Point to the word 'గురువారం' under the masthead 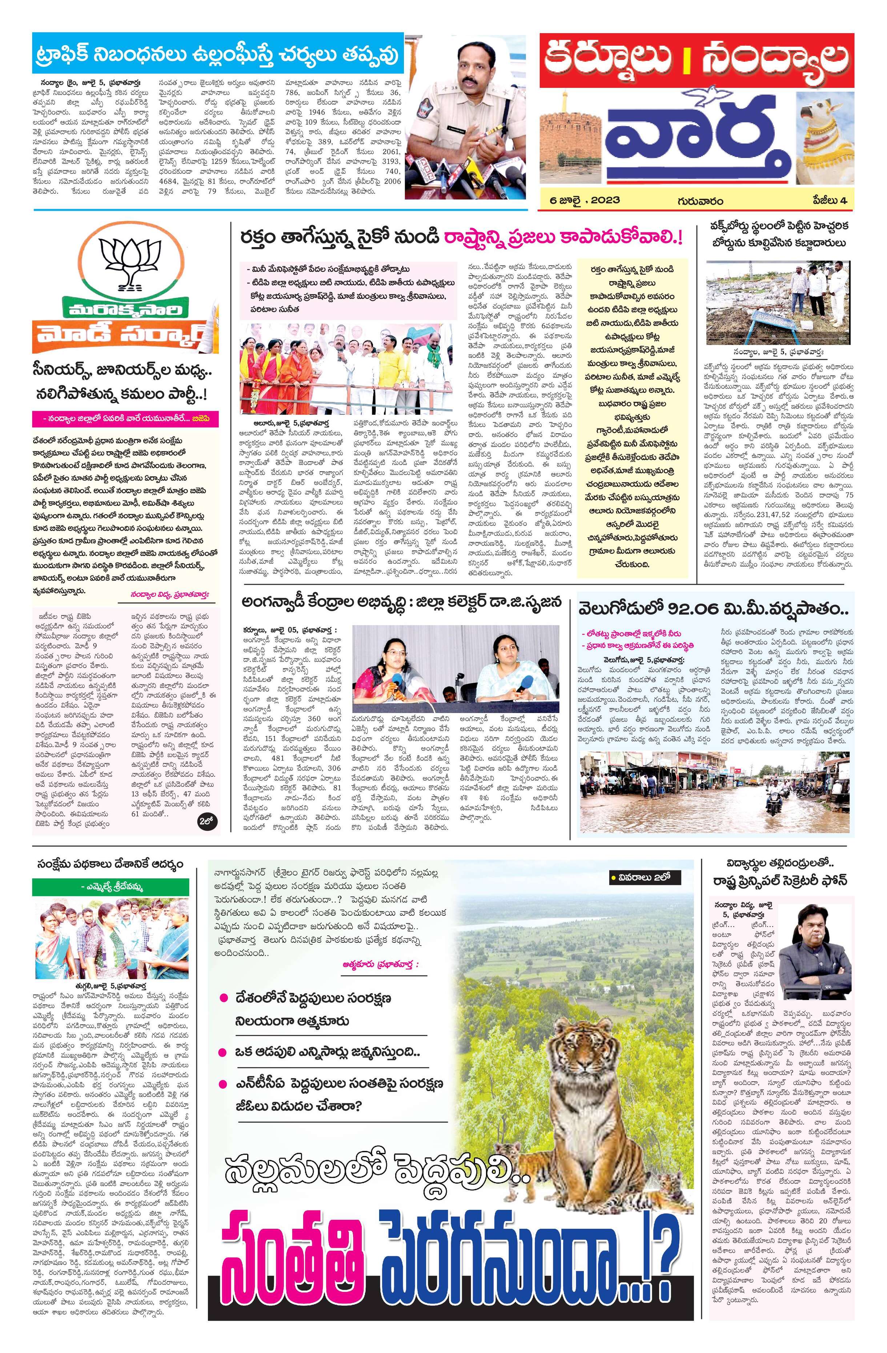tap(699, 200)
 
